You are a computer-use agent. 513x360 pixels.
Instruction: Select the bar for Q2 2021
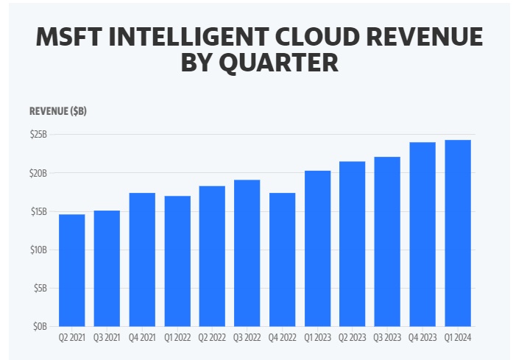pyautogui.click(x=71, y=270)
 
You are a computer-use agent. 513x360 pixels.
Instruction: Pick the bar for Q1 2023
pyautogui.click(x=317, y=248)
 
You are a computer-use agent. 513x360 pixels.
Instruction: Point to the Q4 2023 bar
pyautogui.click(x=422, y=234)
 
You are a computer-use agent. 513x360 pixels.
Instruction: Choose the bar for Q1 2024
pyautogui.click(x=458, y=233)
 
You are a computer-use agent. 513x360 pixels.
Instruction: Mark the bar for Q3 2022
pyautogui.click(x=247, y=253)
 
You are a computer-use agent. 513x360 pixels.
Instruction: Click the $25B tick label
pyautogui.click(x=39, y=135)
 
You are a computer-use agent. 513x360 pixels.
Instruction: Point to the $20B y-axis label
pyautogui.click(x=39, y=173)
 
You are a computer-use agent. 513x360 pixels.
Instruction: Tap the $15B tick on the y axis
pyautogui.click(x=39, y=211)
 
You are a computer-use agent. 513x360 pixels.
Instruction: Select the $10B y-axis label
pyautogui.click(x=39, y=250)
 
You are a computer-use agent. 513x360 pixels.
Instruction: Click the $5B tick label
pyautogui.click(x=40, y=288)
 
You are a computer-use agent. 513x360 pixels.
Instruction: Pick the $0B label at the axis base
pyautogui.click(x=40, y=326)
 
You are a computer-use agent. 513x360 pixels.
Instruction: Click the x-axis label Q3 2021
pyautogui.click(x=107, y=338)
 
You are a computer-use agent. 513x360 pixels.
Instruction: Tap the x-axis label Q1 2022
pyautogui.click(x=177, y=338)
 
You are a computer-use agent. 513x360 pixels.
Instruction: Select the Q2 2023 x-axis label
pyautogui.click(x=352, y=338)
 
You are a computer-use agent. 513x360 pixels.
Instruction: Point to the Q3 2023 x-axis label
pyautogui.click(x=387, y=338)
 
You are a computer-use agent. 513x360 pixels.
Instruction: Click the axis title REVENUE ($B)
pyautogui.click(x=58, y=111)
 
